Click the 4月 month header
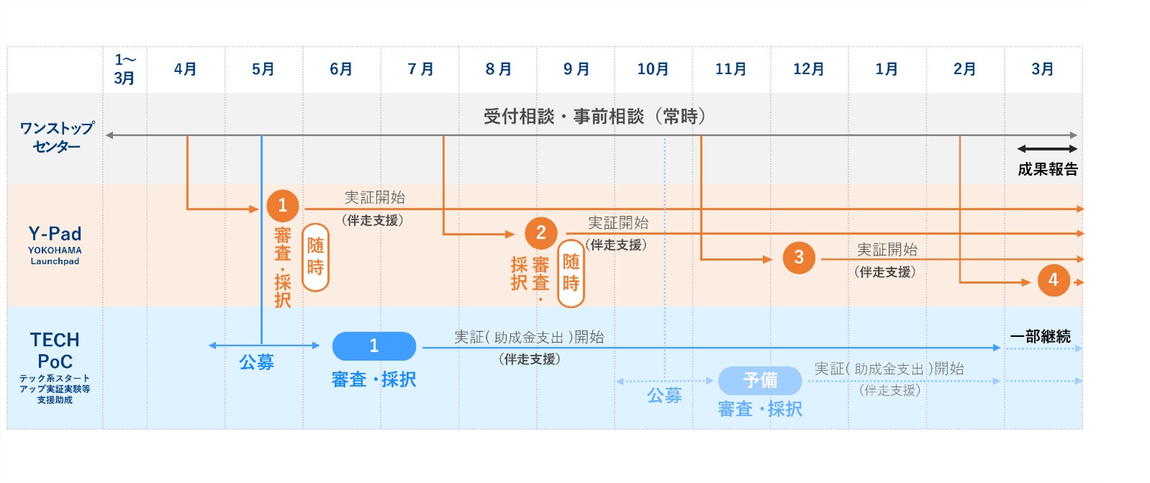186,69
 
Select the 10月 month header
653,69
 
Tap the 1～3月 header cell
124,69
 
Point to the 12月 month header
809,69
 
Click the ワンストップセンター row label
56,137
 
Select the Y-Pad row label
55,243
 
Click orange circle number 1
283,206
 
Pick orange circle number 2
541,233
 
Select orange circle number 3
798,258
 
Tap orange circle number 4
1054,280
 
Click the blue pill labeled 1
374,346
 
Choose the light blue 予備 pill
760,380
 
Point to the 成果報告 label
1048,169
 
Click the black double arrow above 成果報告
1047,149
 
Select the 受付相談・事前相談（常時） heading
594,116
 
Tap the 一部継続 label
1040,336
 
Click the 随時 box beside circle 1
315,257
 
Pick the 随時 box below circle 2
571,273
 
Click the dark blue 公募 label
257,362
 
